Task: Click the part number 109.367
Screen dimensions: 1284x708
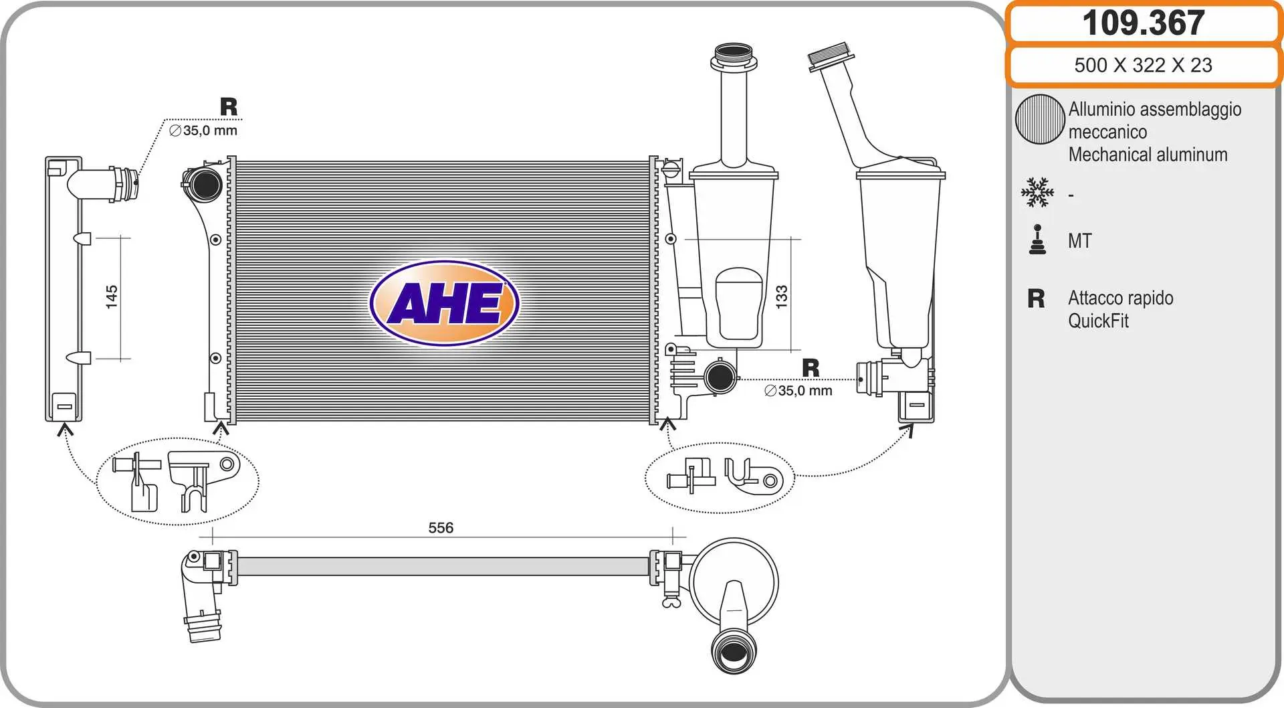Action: pyautogui.click(x=1143, y=23)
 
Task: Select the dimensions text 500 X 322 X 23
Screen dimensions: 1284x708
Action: pyautogui.click(x=1143, y=65)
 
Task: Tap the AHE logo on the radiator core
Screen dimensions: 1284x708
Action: pyautogui.click(x=445, y=303)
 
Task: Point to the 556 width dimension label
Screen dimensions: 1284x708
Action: pyautogui.click(x=441, y=528)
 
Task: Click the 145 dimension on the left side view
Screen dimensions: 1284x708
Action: pyautogui.click(x=112, y=297)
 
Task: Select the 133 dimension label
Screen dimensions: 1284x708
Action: pyautogui.click(x=781, y=297)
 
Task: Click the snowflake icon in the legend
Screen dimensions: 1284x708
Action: pyautogui.click(x=1037, y=192)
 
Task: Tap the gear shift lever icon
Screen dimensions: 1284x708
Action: pyautogui.click(x=1037, y=240)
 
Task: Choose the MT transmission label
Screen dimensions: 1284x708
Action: pyautogui.click(x=1079, y=241)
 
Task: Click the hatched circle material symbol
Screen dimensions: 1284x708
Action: pyautogui.click(x=1040, y=119)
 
